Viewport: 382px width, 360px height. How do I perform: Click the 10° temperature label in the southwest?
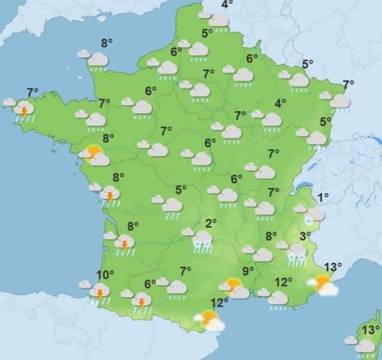click(106, 275)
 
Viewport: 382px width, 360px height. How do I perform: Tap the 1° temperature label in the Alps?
click(324, 197)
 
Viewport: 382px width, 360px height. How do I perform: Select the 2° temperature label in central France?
click(210, 224)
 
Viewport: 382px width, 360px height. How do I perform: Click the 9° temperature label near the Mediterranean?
click(248, 271)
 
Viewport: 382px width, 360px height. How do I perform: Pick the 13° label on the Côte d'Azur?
click(333, 266)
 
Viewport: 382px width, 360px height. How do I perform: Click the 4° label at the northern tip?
click(227, 5)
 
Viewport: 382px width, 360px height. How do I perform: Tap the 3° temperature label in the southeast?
click(305, 236)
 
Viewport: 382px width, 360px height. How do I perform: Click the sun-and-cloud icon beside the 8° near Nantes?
click(95, 155)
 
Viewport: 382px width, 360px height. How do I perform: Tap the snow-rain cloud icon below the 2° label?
click(202, 239)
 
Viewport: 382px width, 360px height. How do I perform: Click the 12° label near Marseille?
click(283, 281)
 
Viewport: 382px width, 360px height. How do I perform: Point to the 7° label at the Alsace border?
click(348, 84)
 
